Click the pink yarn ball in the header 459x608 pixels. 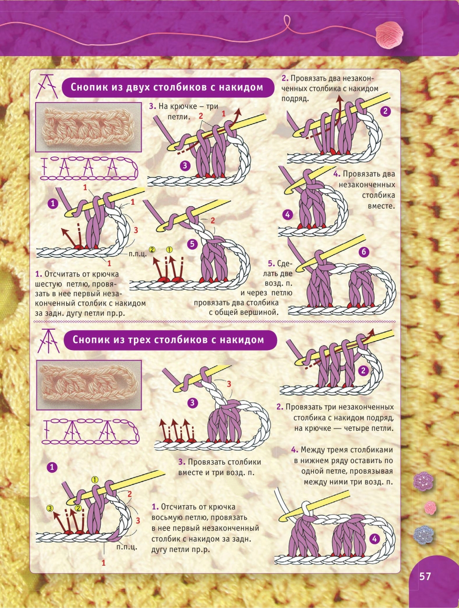tap(389, 36)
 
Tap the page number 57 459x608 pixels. tap(425, 576)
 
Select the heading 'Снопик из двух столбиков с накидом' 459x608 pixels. tap(167, 87)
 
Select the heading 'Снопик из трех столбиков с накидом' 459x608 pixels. tap(168, 340)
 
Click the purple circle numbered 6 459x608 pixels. tap(364, 252)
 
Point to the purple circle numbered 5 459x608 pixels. tap(192, 244)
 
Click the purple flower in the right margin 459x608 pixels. tap(423, 482)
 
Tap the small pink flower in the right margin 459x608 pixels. tap(430, 508)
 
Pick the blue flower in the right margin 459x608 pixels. tap(423, 535)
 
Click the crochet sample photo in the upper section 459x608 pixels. tap(88, 127)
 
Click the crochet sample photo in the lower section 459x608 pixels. tap(89, 385)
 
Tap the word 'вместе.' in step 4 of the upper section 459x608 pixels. tap(381, 206)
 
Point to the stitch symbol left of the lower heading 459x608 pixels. tap(48, 341)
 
